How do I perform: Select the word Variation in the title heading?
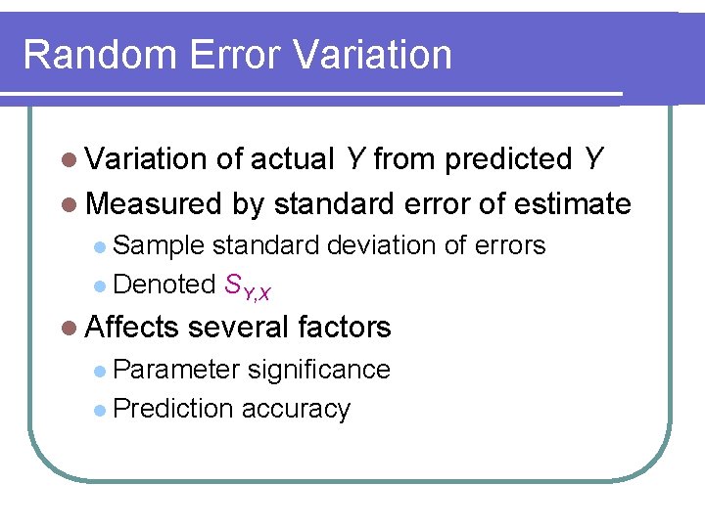[x=374, y=55]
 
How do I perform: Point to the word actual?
[x=292, y=158]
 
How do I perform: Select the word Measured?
[x=155, y=203]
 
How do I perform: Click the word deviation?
[x=382, y=245]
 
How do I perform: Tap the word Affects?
[x=132, y=327]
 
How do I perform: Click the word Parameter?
[x=176, y=370]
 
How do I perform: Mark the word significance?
[x=319, y=370]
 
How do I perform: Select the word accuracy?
[x=296, y=409]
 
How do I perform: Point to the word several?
[x=241, y=327]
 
